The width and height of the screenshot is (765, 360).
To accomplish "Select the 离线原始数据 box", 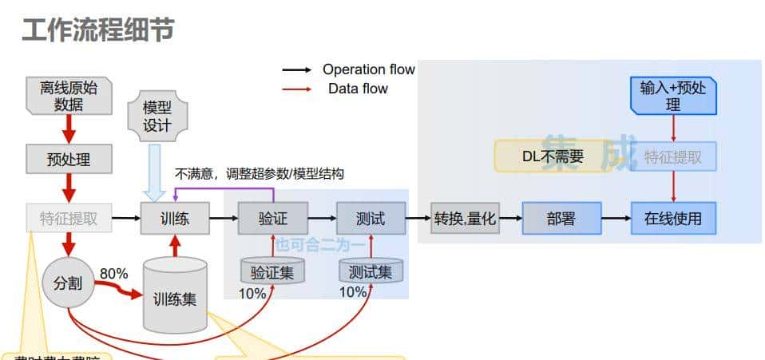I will tap(69, 97).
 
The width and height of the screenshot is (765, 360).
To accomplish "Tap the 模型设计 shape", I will tap(157, 117).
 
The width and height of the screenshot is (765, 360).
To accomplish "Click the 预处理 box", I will tap(69, 160).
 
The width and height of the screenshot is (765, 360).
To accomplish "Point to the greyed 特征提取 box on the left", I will tap(69, 217).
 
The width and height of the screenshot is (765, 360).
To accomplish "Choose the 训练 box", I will tap(175, 217).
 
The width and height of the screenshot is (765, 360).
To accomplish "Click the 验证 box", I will tap(272, 217).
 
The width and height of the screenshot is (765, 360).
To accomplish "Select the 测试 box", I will tap(371, 217).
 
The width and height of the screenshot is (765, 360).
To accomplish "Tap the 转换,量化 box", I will tap(466, 217).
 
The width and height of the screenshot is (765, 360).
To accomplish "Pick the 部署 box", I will tap(561, 217).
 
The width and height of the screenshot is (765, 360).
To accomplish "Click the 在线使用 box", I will tap(673, 217).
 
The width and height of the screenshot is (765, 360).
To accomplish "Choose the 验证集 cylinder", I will tap(272, 271).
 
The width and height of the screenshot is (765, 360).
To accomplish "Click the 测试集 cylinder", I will tap(371, 271).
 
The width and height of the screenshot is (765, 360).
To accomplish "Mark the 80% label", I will tap(114, 274).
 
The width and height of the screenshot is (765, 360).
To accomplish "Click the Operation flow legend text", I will tap(368, 69).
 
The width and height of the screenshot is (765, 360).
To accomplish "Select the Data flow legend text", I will tap(358, 89).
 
